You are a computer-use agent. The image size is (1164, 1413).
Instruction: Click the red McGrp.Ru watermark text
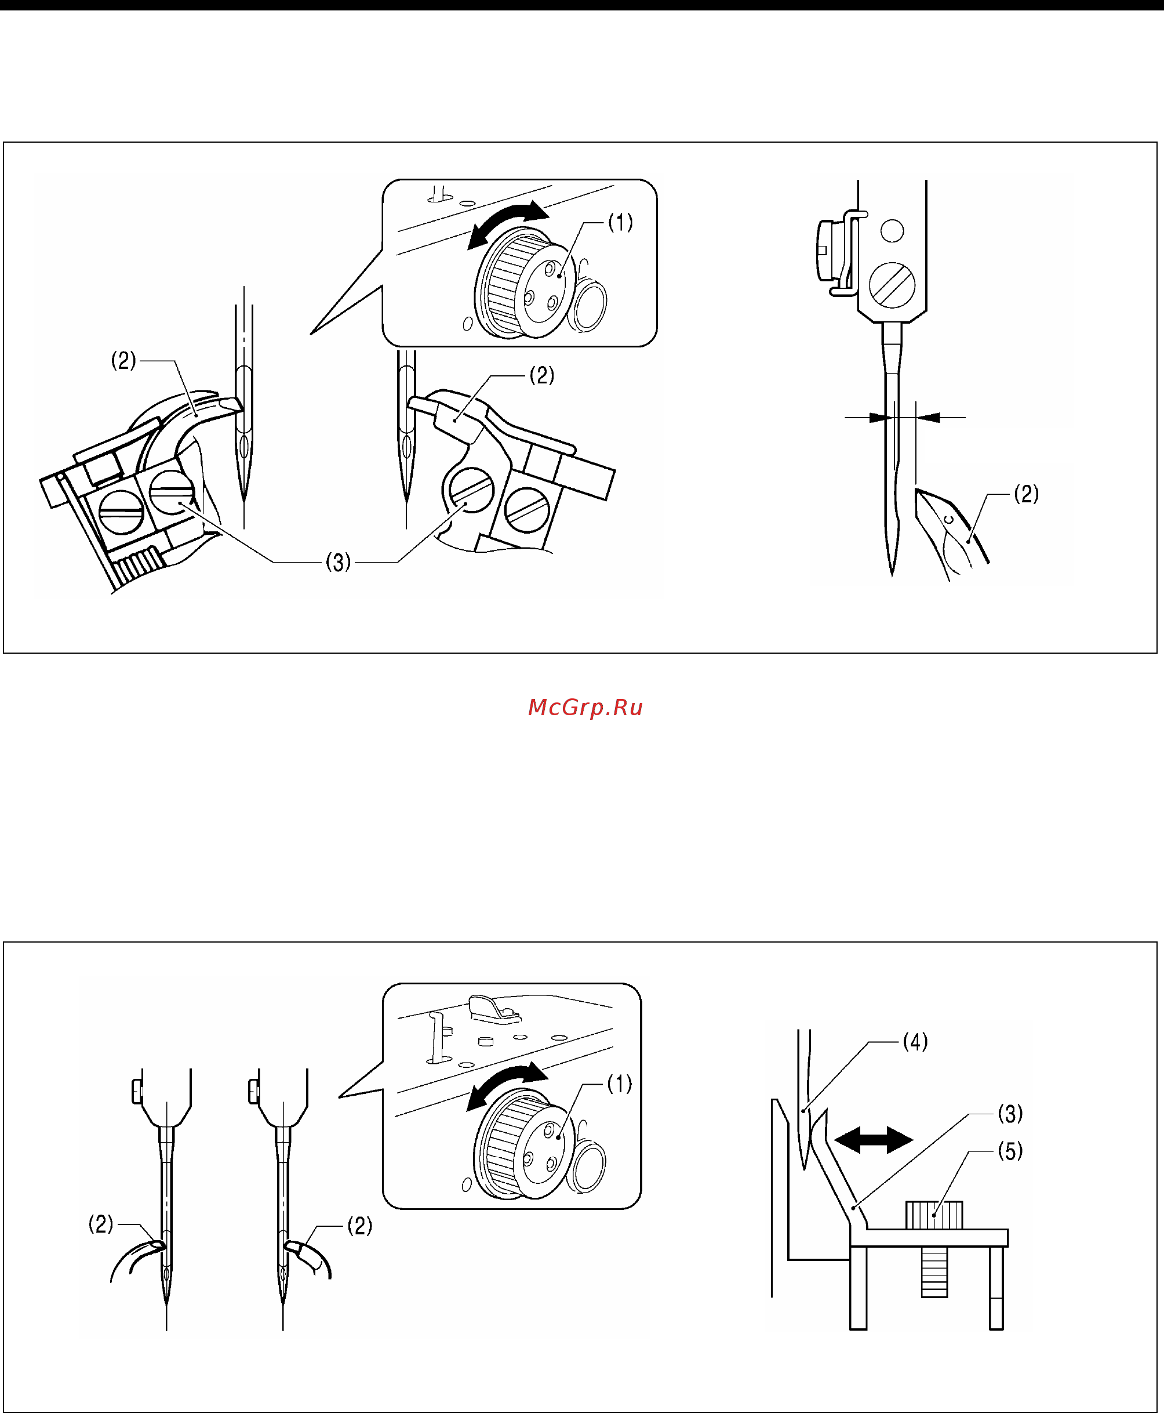pyautogui.click(x=585, y=708)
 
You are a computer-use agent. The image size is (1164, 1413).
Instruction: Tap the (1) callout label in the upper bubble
pyautogui.click(x=620, y=222)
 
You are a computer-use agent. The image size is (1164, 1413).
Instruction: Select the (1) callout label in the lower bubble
pyautogui.click(x=620, y=1084)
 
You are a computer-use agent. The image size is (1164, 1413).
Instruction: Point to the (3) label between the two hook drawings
pyautogui.click(x=338, y=562)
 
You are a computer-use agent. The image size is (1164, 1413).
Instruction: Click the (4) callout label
pyautogui.click(x=915, y=1042)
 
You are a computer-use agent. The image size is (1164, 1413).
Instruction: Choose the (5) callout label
pyautogui.click(x=1010, y=1151)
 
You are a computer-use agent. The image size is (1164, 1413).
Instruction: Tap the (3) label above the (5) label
pyautogui.click(x=1010, y=1114)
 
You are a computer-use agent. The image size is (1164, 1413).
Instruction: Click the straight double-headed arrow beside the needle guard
pyautogui.click(x=874, y=1139)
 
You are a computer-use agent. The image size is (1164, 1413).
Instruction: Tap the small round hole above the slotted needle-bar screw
pyautogui.click(x=892, y=231)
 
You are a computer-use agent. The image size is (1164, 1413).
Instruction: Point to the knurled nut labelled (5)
pyautogui.click(x=934, y=1215)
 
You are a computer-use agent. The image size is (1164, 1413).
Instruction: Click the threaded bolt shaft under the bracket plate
pyautogui.click(x=934, y=1271)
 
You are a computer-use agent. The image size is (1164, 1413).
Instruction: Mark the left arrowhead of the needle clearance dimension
pyautogui.click(x=881, y=417)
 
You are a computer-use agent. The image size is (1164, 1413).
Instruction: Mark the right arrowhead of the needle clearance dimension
pyautogui.click(x=928, y=417)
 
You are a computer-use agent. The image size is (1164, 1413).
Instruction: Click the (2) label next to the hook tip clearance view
pyautogui.click(x=1027, y=494)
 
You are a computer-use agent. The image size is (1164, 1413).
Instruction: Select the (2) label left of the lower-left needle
pyautogui.click(x=101, y=1224)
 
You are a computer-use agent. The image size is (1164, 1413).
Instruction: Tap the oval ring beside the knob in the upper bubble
pyautogui.click(x=587, y=306)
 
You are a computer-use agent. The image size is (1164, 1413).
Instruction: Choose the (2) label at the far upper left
pyautogui.click(x=123, y=361)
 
